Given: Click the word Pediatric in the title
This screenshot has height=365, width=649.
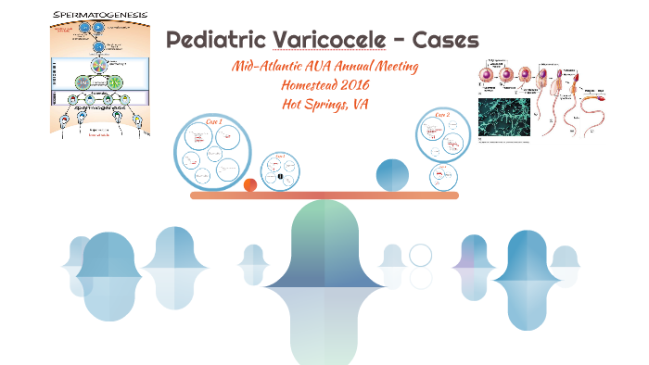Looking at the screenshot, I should [216, 41].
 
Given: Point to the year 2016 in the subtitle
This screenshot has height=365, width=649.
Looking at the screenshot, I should [346, 85].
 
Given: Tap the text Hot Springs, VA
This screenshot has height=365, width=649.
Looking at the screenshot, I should [324, 104].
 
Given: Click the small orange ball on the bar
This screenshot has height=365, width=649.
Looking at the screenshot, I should [249, 185].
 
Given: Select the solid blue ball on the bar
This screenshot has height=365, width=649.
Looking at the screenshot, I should [392, 175].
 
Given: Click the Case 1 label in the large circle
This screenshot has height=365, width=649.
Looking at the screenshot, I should [214, 122].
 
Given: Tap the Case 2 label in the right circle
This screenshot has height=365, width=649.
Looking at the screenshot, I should [442, 115].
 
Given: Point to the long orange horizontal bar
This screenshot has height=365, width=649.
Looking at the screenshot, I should [324, 195].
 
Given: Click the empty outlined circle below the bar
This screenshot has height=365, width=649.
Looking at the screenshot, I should [420, 256].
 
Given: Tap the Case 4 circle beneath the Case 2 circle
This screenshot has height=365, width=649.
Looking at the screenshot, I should [443, 176].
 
